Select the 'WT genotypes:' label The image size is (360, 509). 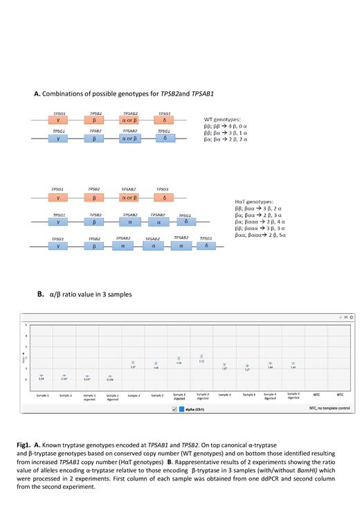click(223, 118)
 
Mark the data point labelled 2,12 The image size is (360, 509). click(201, 357)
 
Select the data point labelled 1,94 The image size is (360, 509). click(179, 359)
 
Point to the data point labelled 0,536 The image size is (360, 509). click(110, 377)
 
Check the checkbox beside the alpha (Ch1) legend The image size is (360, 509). click(174, 409)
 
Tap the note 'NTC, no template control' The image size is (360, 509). click(322, 409)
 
